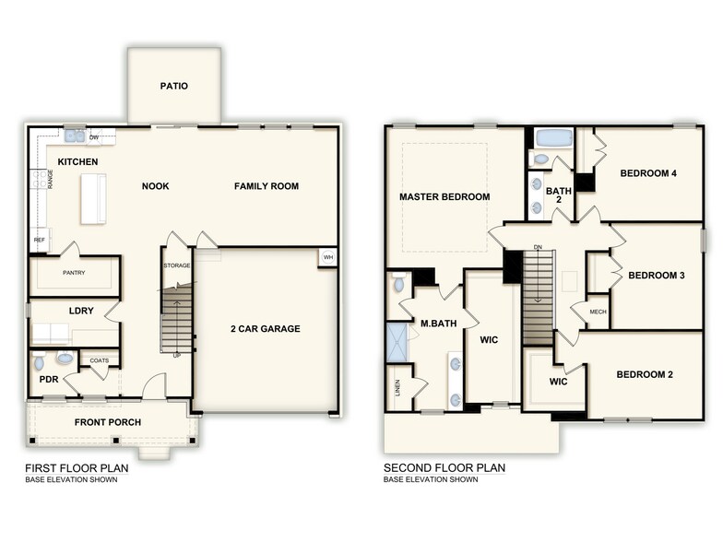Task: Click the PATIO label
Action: click(173, 87)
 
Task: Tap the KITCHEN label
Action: click(78, 162)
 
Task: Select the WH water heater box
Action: click(327, 258)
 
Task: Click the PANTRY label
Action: click(74, 273)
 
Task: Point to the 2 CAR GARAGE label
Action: click(266, 329)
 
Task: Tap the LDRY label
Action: click(82, 311)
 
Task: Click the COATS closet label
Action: click(100, 360)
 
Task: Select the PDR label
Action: click(48, 379)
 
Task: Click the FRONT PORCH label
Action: click(108, 423)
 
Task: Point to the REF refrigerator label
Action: click(39, 240)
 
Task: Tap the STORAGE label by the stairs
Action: click(176, 265)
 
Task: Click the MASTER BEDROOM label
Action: click(444, 197)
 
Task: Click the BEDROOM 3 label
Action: click(656, 275)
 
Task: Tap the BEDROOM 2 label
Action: click(646, 374)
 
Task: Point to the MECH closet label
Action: click(598, 312)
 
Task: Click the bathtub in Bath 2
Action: click(553, 138)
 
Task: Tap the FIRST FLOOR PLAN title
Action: click(77, 467)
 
